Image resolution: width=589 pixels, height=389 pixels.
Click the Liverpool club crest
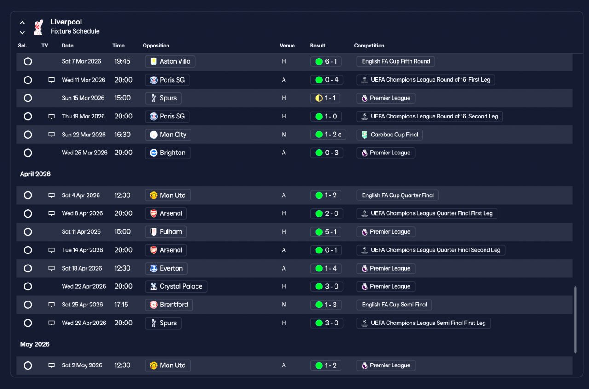point(38,27)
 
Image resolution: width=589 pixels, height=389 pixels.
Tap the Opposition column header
point(156,46)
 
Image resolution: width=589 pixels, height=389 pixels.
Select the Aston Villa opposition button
point(170,61)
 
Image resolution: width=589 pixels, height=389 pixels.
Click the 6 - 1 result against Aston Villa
point(326,61)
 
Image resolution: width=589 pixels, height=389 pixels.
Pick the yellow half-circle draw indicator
point(319,98)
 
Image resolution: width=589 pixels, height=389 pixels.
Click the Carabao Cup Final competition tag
point(389,135)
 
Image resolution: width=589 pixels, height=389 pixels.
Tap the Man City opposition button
point(168,135)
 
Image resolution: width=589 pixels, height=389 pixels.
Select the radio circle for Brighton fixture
point(28,153)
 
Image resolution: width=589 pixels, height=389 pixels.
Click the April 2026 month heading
point(35,174)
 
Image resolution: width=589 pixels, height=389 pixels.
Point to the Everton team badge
point(154,268)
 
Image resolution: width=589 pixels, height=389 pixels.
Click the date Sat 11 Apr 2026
point(81,232)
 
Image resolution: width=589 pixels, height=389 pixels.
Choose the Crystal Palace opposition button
point(176,287)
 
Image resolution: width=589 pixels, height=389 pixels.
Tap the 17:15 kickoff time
point(121,305)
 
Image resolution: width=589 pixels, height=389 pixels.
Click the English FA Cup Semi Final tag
point(394,305)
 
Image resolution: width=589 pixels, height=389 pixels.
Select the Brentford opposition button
point(169,305)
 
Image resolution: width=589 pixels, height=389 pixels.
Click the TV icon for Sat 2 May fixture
point(52,365)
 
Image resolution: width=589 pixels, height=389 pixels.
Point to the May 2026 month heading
point(35,344)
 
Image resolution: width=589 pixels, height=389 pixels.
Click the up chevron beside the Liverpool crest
point(23,23)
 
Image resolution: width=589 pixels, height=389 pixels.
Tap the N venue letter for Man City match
point(284,135)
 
